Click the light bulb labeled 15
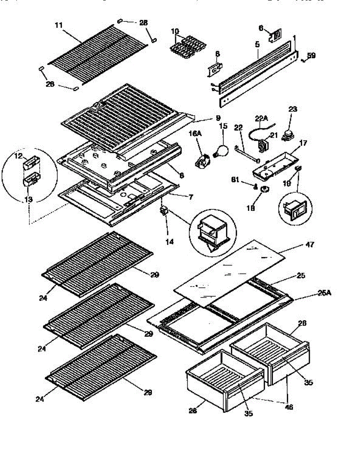(x=221, y=150)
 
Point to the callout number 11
(x=58, y=25)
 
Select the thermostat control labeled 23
(x=288, y=135)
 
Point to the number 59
(x=311, y=56)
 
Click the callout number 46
(x=289, y=407)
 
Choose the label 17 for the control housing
(x=302, y=143)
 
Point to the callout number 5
(x=257, y=45)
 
